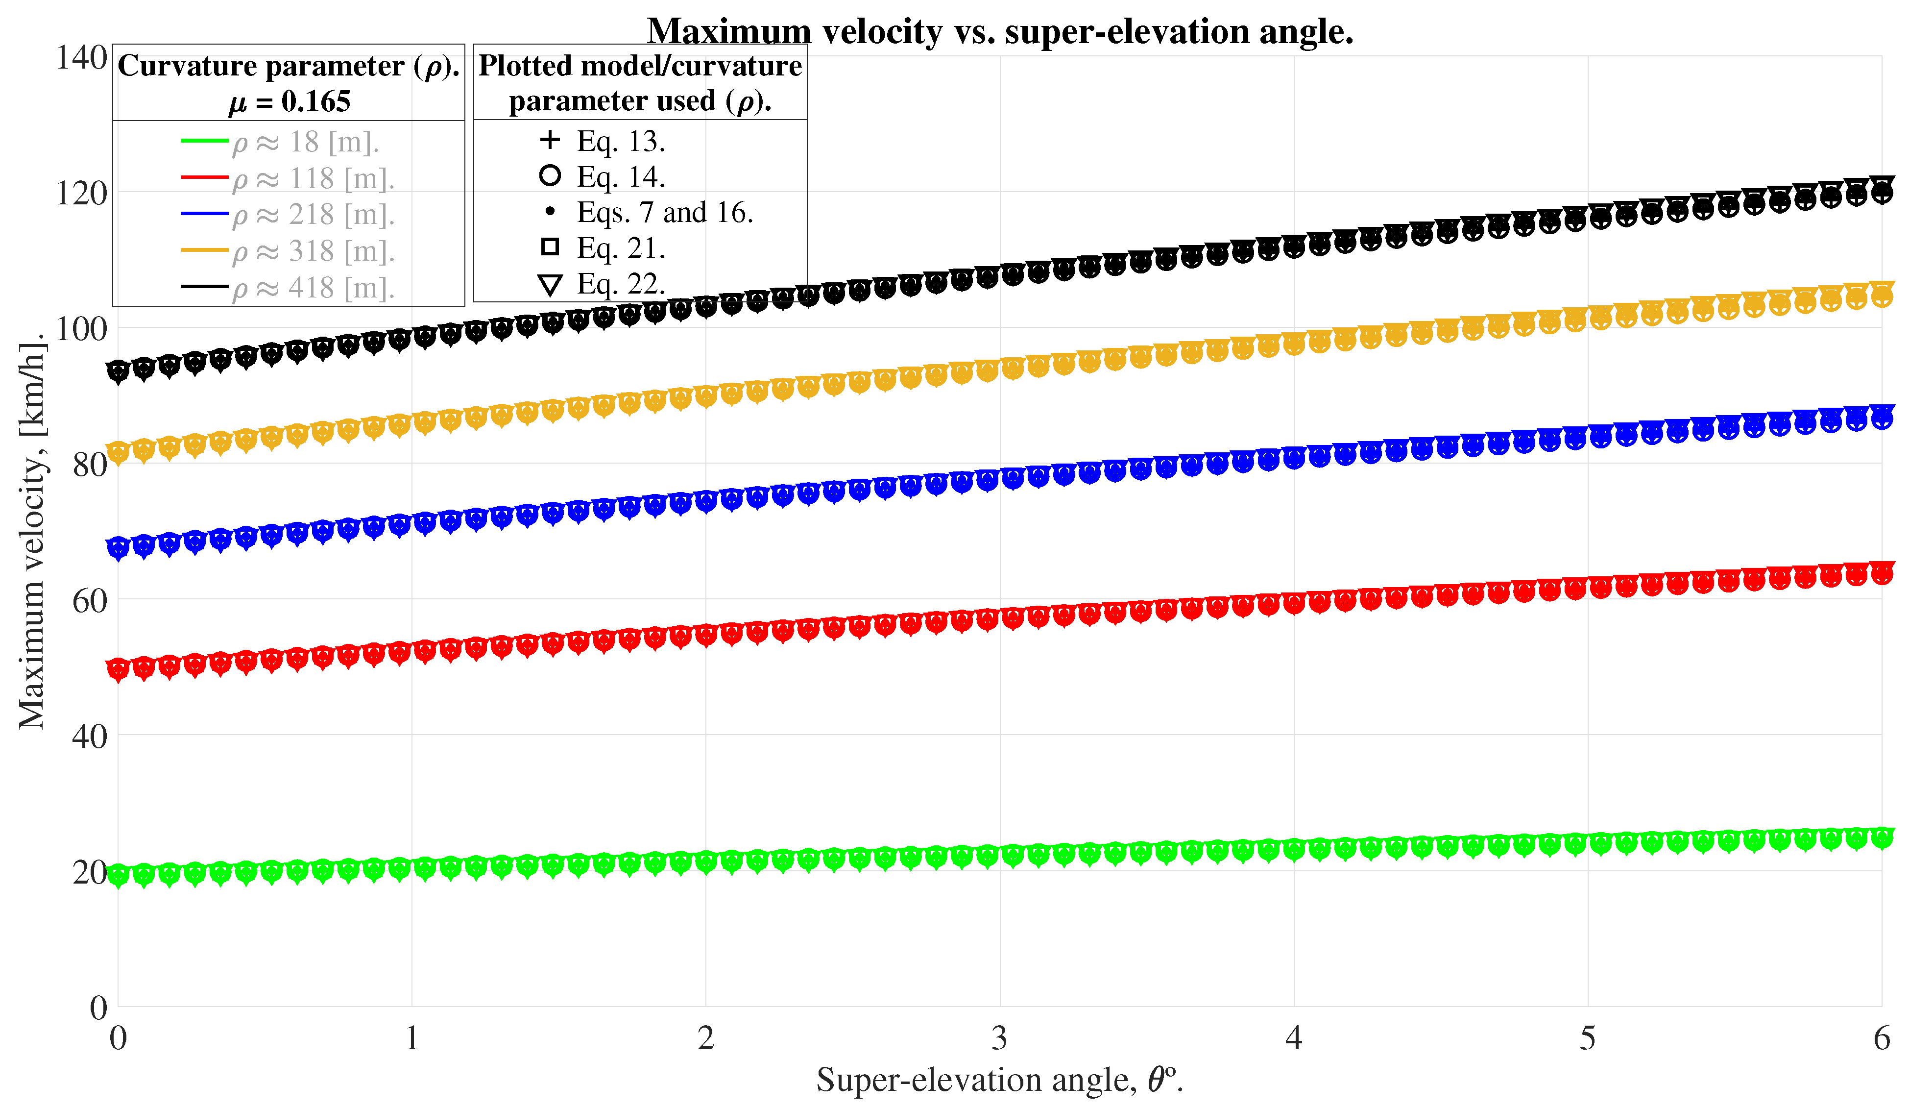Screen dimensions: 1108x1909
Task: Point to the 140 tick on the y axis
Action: [81, 58]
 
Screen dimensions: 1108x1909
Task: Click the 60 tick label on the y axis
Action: [89, 600]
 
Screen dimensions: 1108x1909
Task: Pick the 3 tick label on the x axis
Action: [999, 1038]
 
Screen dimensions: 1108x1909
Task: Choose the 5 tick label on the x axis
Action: [1587, 1038]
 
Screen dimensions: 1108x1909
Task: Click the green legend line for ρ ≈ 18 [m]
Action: [205, 141]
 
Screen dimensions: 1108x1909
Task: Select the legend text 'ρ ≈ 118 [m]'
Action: [314, 179]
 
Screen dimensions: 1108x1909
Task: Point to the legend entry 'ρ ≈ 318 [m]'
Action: [314, 251]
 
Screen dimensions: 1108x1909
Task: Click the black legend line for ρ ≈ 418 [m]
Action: [205, 287]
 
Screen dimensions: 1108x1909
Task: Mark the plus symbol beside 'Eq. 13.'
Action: [550, 140]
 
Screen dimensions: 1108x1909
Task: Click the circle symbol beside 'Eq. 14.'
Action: [550, 176]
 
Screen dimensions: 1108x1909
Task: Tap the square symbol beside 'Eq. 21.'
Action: [550, 247]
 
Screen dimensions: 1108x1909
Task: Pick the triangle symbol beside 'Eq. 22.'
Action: [550, 285]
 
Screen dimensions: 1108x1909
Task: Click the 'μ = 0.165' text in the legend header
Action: [290, 101]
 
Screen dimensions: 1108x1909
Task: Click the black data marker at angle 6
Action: [1882, 190]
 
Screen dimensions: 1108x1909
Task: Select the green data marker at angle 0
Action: [118, 875]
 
